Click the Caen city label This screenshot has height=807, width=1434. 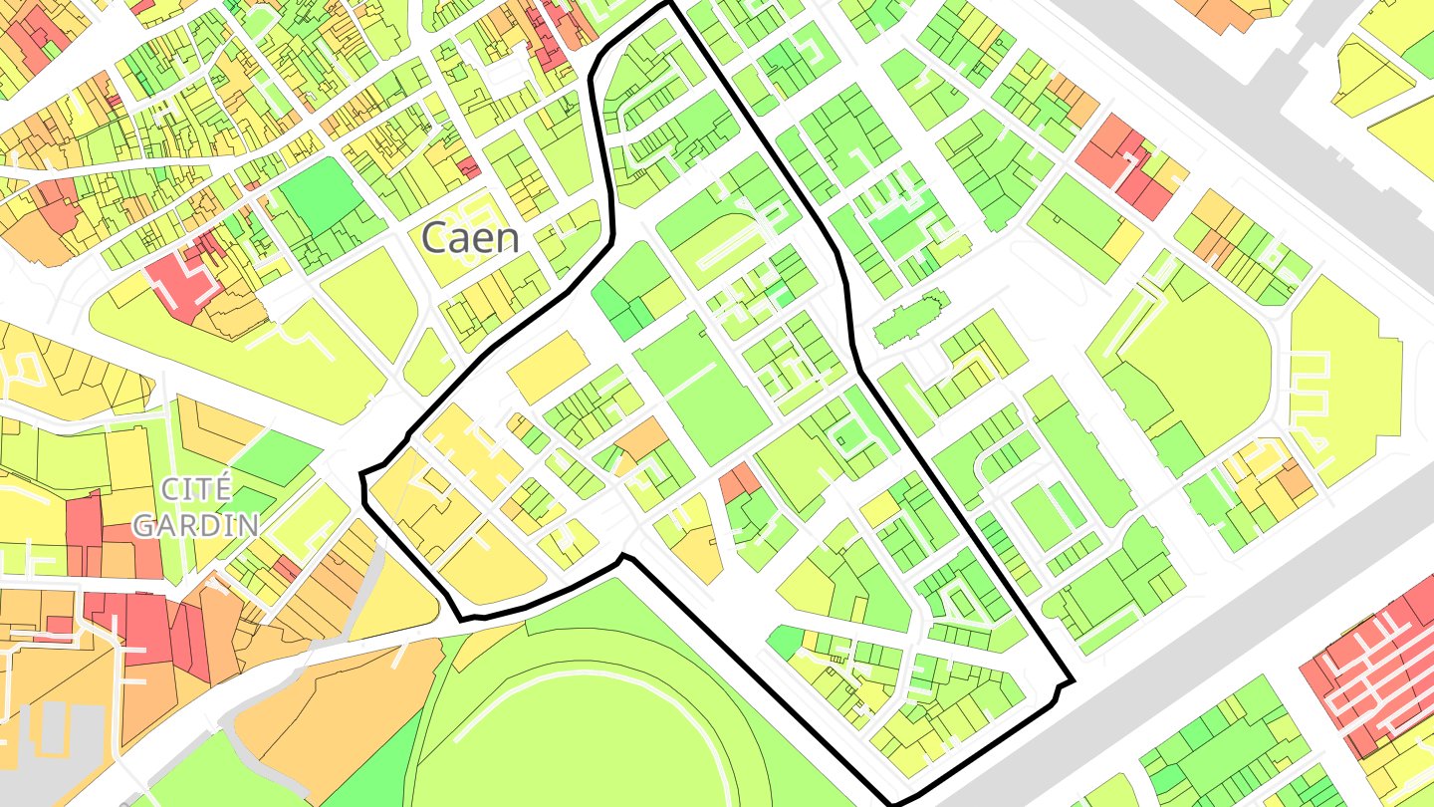point(470,238)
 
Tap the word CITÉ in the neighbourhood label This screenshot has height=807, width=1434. point(196,489)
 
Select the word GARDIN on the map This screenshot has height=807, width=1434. point(196,524)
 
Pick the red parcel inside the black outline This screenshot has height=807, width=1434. point(739,482)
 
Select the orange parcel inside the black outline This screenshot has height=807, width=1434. point(642,439)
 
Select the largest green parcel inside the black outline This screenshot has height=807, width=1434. point(702,389)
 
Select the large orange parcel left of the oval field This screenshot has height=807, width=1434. point(329,697)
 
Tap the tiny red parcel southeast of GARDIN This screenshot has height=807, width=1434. point(288,570)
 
